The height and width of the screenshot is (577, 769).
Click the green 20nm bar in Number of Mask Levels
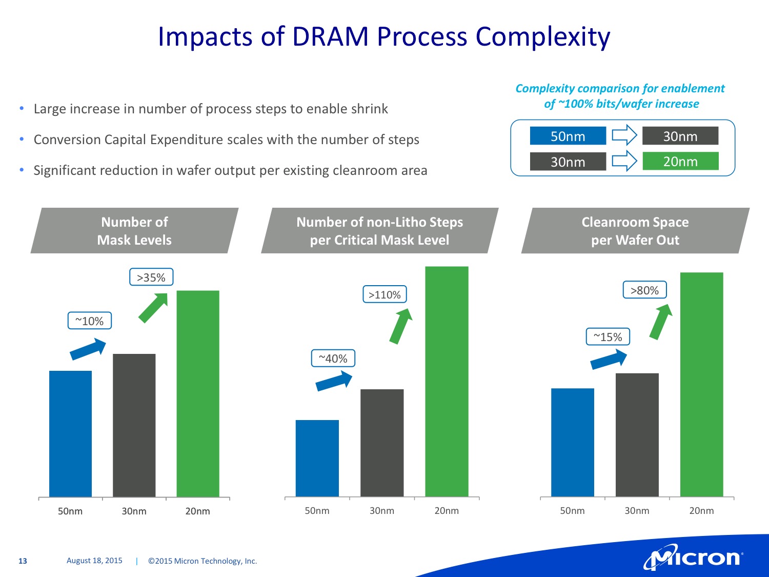pos(198,393)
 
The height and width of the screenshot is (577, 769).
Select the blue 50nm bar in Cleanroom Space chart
pos(572,442)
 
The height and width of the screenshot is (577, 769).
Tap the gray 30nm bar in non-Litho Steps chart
pos(382,443)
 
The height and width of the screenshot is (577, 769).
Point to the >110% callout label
pos(385,294)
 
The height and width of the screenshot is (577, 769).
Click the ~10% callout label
pos(90,321)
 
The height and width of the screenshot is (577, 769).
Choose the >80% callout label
pos(644,290)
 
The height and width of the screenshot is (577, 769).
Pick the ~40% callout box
pos(333,359)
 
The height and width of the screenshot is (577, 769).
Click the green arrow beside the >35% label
pos(153,307)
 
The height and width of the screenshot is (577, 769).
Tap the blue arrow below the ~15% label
pos(609,359)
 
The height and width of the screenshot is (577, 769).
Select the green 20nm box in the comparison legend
pos(680,161)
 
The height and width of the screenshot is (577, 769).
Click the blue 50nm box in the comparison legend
pos(568,136)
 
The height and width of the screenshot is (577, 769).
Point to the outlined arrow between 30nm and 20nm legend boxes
pos(624,161)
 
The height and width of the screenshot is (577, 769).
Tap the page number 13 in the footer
pos(23,561)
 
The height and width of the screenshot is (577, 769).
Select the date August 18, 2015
pos(94,561)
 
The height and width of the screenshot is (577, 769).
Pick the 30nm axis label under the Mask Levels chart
pos(134,511)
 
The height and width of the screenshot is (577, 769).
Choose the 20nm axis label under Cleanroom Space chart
pos(701,511)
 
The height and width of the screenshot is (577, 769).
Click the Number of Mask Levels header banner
pos(134,231)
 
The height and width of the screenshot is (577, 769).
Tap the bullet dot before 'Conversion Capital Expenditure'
pos(22,139)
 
